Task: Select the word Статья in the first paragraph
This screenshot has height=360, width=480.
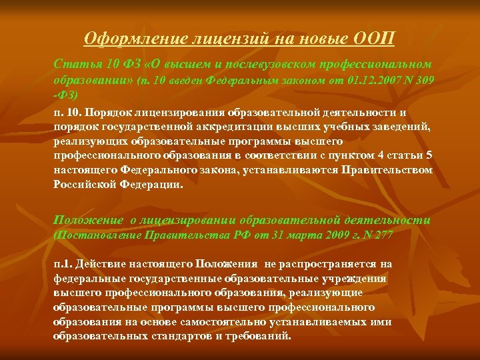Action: [73, 65]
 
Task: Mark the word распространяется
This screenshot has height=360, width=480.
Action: [333, 264]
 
